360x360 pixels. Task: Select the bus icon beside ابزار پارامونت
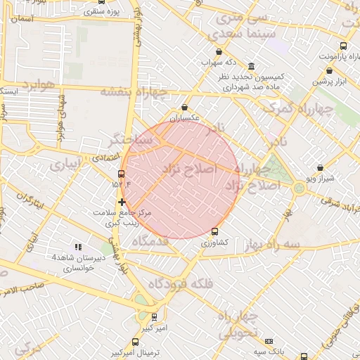pos(343,46)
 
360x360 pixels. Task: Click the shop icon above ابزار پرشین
pos(329,70)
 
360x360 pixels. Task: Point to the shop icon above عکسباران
pos(185,108)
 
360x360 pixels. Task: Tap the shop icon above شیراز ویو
pos(321,168)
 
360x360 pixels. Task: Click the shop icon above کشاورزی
pos(214,231)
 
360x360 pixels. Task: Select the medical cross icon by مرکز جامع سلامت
pos(122,202)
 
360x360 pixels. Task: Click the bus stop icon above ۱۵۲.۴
pos(122,173)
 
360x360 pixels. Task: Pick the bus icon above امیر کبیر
pos(155,317)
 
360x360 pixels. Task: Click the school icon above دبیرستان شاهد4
pos(78,247)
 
